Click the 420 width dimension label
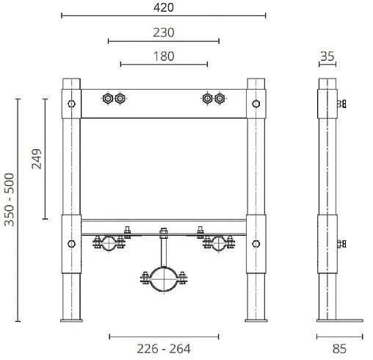point(164,7)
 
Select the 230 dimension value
point(164,32)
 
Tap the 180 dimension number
point(164,56)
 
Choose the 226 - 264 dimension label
point(164,348)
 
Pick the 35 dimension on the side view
point(327,56)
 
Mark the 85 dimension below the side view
point(339,348)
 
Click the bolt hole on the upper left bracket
point(70,103)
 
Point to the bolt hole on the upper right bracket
point(256,103)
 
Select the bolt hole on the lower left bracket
point(70,244)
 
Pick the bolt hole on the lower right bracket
point(256,244)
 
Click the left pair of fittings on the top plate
point(115,98)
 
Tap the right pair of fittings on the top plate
point(213,98)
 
